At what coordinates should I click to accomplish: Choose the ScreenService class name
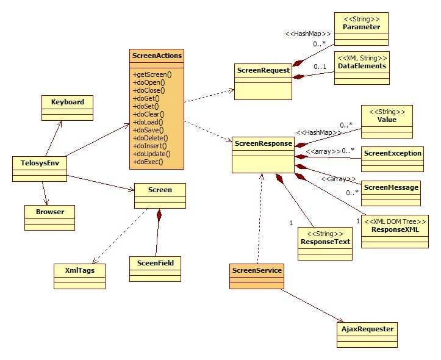(x=257, y=270)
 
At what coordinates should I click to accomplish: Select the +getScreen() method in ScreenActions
(x=152, y=74)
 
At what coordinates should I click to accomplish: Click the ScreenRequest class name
(x=262, y=71)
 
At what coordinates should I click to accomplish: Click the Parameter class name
(x=361, y=27)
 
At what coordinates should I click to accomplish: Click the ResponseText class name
(x=325, y=241)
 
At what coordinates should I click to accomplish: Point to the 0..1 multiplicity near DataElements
(x=320, y=67)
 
